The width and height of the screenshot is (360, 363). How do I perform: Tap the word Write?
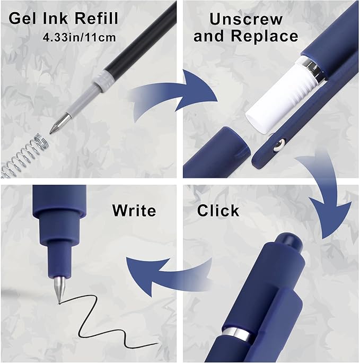point(134,211)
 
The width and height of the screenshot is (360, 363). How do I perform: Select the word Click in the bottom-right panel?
point(218,211)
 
